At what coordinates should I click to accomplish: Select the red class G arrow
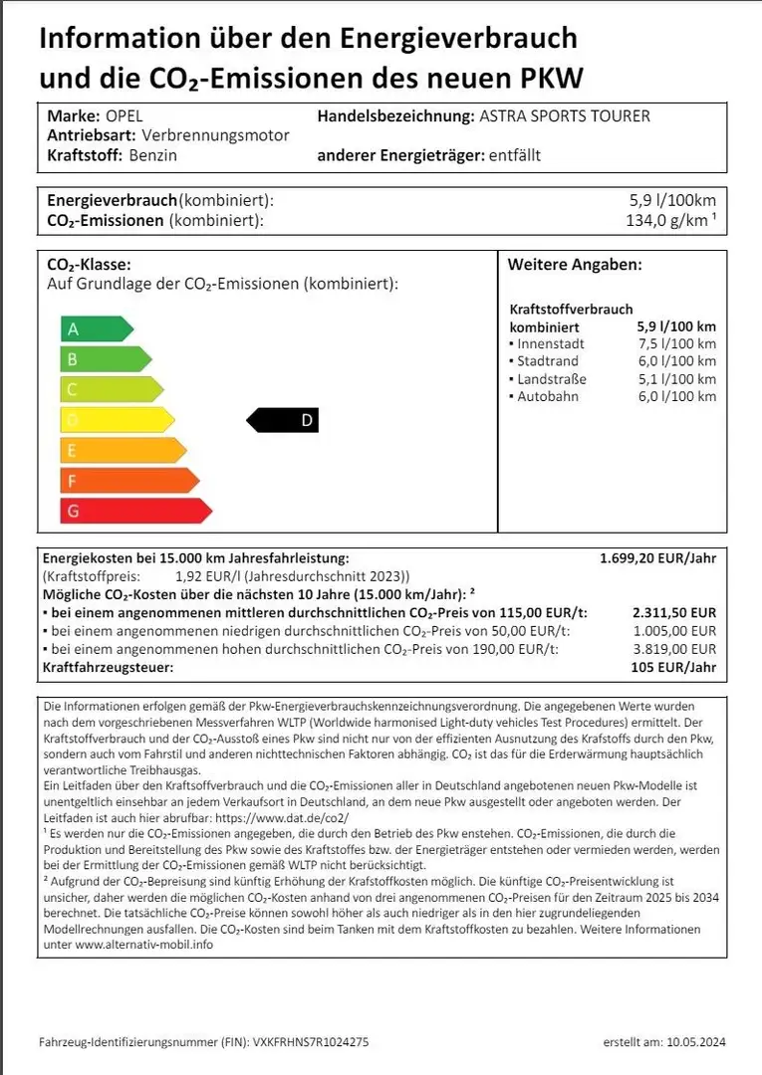tap(135, 512)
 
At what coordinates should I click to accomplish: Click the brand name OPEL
tap(124, 116)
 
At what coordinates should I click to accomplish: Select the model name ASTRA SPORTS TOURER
tap(564, 116)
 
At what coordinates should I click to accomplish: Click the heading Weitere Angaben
tap(575, 265)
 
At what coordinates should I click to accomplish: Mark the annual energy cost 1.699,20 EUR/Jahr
tap(657, 559)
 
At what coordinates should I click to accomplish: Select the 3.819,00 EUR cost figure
tap(674, 649)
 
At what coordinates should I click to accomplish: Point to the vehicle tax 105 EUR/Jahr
tap(673, 667)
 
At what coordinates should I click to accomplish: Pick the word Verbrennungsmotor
tap(216, 135)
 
